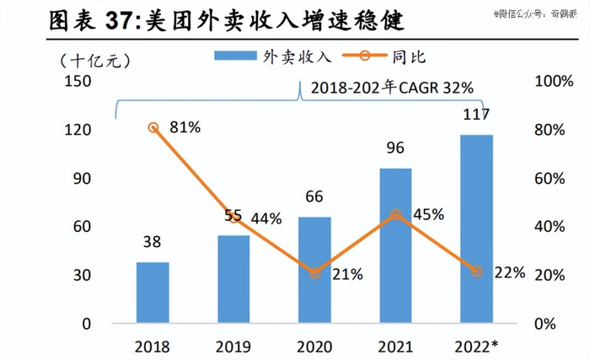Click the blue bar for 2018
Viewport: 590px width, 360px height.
point(153,293)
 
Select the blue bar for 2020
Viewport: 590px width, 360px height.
point(314,270)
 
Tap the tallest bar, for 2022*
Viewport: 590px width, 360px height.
point(476,228)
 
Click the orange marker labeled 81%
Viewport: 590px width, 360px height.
point(153,127)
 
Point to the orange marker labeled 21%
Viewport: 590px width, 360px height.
point(314,273)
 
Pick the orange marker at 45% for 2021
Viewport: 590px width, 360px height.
point(395,215)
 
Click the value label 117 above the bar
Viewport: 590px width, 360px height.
point(476,114)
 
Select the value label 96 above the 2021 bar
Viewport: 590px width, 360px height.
point(395,148)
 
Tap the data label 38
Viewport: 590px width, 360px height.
point(153,243)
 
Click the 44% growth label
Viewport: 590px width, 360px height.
point(266,218)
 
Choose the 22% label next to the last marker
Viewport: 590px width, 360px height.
point(510,272)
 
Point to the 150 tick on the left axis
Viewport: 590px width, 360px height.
point(78,81)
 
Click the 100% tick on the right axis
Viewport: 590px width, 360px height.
point(554,81)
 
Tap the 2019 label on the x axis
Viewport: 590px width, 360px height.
point(233,347)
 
